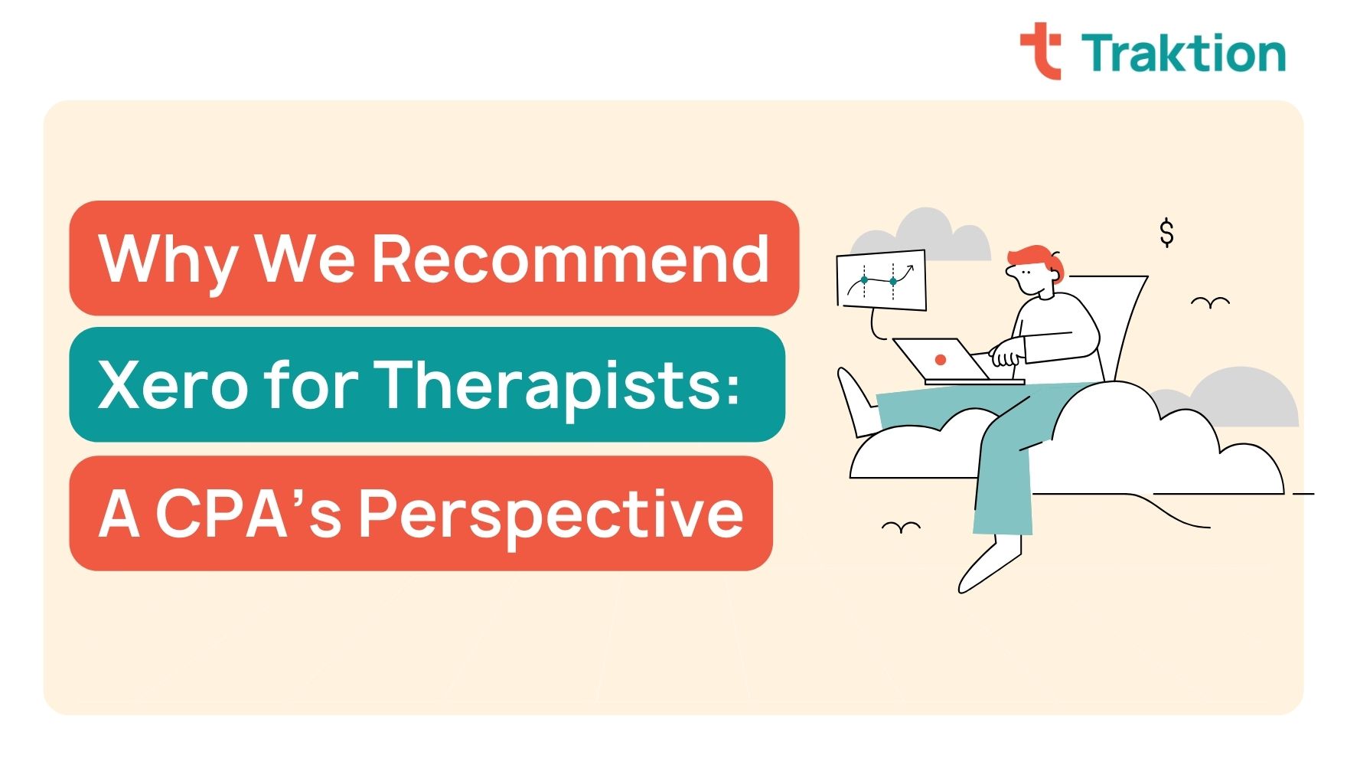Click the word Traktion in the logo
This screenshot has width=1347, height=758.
[1183, 54]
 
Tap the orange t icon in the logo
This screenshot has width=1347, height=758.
[1042, 51]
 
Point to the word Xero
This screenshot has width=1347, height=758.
[173, 384]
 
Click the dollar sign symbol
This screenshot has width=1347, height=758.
[1166, 232]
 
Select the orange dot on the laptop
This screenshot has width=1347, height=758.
[941, 359]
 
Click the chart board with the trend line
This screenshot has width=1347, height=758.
[881, 280]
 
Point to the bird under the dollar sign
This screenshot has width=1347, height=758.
[1210, 303]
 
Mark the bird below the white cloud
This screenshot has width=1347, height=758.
[901, 527]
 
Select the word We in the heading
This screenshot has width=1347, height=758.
[304, 259]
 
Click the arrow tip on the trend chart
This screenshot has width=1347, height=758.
[911, 268]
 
